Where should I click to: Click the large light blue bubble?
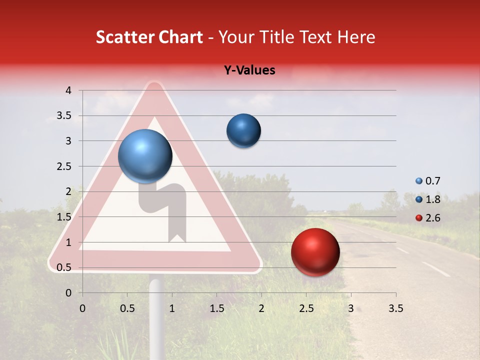pos(145,156)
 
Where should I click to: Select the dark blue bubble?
pos(243,131)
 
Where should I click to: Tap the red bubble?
pos(315,252)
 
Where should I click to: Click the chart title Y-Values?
pos(249,70)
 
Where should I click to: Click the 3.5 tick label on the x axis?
pos(395,308)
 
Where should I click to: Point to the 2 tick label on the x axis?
pos(261,308)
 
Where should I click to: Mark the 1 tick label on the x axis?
pos(172,308)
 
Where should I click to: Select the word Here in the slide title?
pos(355,37)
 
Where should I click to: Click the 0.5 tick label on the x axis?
pos(127,308)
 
